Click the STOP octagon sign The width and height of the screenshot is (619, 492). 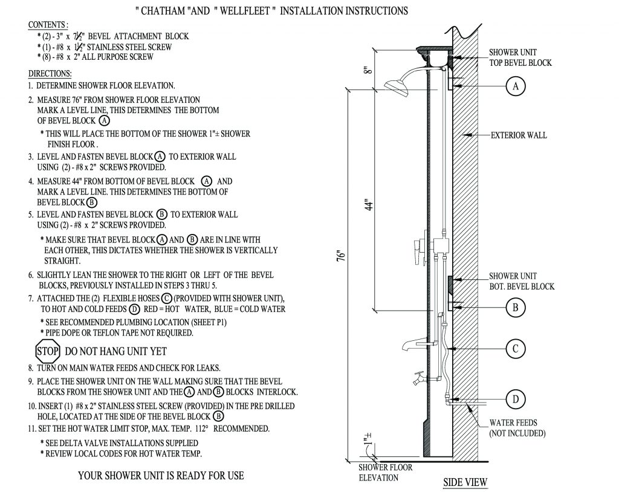tap(48, 351)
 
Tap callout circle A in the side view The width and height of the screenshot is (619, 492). tap(516, 86)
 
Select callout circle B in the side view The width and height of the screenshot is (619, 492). tap(516, 308)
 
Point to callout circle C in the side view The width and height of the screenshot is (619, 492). tap(516, 349)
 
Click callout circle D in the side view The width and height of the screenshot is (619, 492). tap(516, 399)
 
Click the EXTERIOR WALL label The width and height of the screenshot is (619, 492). tap(519, 135)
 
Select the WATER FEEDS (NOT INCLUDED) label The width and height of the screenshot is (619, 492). tap(517, 429)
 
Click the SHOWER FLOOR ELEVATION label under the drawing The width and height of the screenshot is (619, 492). tap(386, 472)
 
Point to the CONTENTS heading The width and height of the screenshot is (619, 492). tap(48, 25)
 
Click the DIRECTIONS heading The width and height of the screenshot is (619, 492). tap(50, 74)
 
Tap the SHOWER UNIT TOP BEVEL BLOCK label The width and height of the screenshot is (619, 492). tap(520, 57)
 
